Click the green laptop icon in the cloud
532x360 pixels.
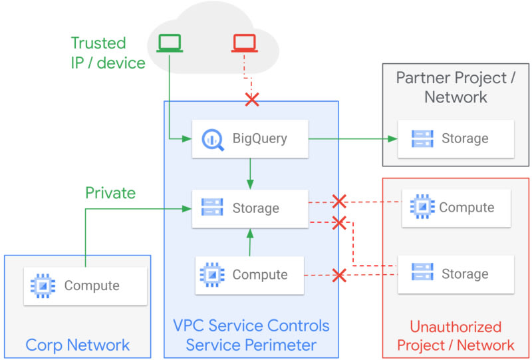170,43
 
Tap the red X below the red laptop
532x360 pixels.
252,100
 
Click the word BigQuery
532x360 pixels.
259,139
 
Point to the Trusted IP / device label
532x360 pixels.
107,53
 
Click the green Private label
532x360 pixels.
110,193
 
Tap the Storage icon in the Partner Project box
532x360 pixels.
422,139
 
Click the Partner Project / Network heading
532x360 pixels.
456,87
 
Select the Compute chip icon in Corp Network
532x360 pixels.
43,286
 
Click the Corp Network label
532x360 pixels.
78,345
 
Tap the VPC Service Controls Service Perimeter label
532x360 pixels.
251,336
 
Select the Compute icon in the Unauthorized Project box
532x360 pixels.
422,208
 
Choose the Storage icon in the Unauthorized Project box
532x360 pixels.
422,274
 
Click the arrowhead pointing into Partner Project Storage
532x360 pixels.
393,139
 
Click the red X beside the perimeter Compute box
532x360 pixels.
339,274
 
